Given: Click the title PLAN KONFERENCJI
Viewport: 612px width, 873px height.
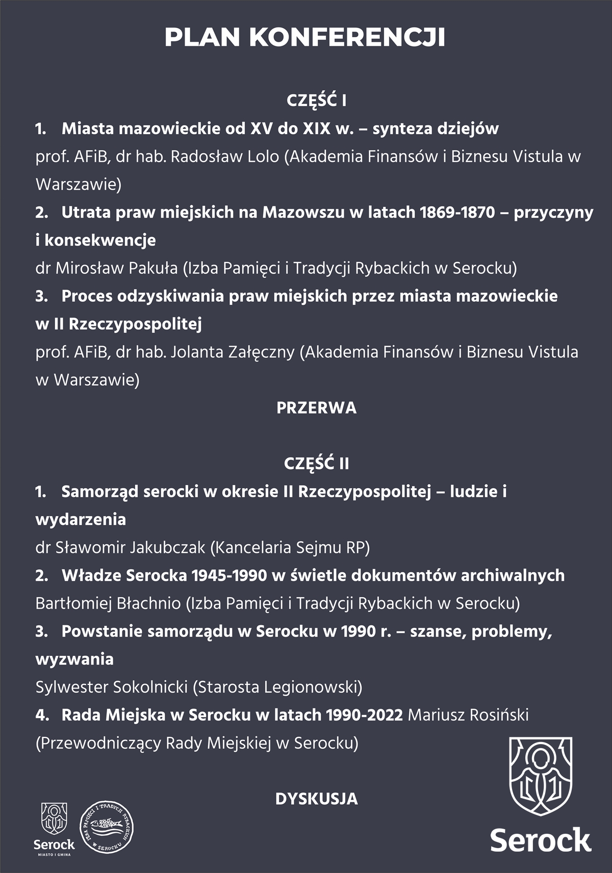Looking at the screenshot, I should click(305, 38).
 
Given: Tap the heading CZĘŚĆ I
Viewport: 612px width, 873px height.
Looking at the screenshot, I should click(316, 101).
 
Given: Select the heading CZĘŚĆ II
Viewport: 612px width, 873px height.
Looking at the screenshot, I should click(316, 464).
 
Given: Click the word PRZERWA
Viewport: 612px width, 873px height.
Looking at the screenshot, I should click(316, 408).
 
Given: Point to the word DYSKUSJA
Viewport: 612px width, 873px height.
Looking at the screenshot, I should click(316, 799).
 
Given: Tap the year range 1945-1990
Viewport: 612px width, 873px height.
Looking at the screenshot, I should click(229, 575).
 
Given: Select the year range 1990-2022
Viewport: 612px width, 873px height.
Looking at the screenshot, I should click(365, 715).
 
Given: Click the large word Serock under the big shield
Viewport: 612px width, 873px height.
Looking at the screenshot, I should click(541, 840).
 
